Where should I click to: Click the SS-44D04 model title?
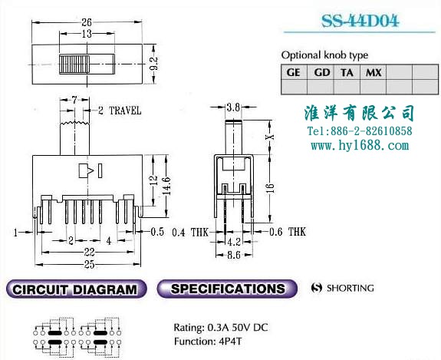click(x=360, y=21)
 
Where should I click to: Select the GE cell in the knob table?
click(x=293, y=73)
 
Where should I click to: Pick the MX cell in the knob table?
click(x=374, y=73)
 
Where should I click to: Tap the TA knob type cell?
click(x=347, y=73)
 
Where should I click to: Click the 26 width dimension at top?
click(x=87, y=22)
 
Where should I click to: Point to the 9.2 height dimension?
click(x=154, y=64)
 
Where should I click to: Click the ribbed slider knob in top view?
click(x=74, y=64)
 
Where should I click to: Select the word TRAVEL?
click(x=125, y=111)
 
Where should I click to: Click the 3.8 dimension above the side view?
click(x=233, y=107)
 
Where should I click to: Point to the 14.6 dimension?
click(x=166, y=186)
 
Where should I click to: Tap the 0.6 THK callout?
click(x=288, y=232)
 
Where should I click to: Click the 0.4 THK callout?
click(x=190, y=233)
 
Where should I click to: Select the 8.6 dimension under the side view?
click(x=234, y=255)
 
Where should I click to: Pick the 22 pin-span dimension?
click(x=89, y=253)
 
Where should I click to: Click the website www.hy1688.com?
click(x=360, y=146)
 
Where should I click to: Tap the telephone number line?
click(x=360, y=131)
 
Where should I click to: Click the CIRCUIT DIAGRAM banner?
click(x=76, y=289)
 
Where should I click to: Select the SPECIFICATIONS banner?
click(x=227, y=289)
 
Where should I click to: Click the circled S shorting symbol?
click(x=317, y=288)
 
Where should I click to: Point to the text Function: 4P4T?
click(x=208, y=342)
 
